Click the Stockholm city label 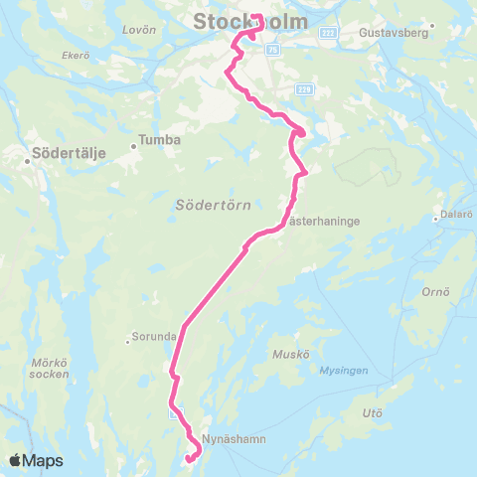click(250, 21)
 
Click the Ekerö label click(76, 55)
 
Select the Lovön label click(133, 30)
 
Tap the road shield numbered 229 click(305, 90)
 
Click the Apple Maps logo click(36, 460)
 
